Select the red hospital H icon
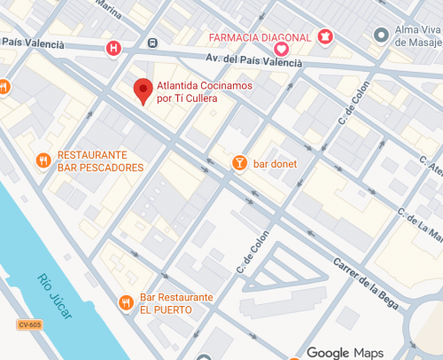pyautogui.click(x=113, y=47)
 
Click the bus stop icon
pyautogui.click(x=153, y=43)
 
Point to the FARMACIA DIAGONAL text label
pyautogui.click(x=260, y=37)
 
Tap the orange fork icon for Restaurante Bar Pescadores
pyautogui.click(x=43, y=160)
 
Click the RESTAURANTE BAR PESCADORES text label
pyautogui.click(x=100, y=160)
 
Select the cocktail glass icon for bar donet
pyautogui.click(x=238, y=162)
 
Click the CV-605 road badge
pyautogui.click(x=29, y=325)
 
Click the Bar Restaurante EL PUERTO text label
pyautogui.click(x=176, y=302)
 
